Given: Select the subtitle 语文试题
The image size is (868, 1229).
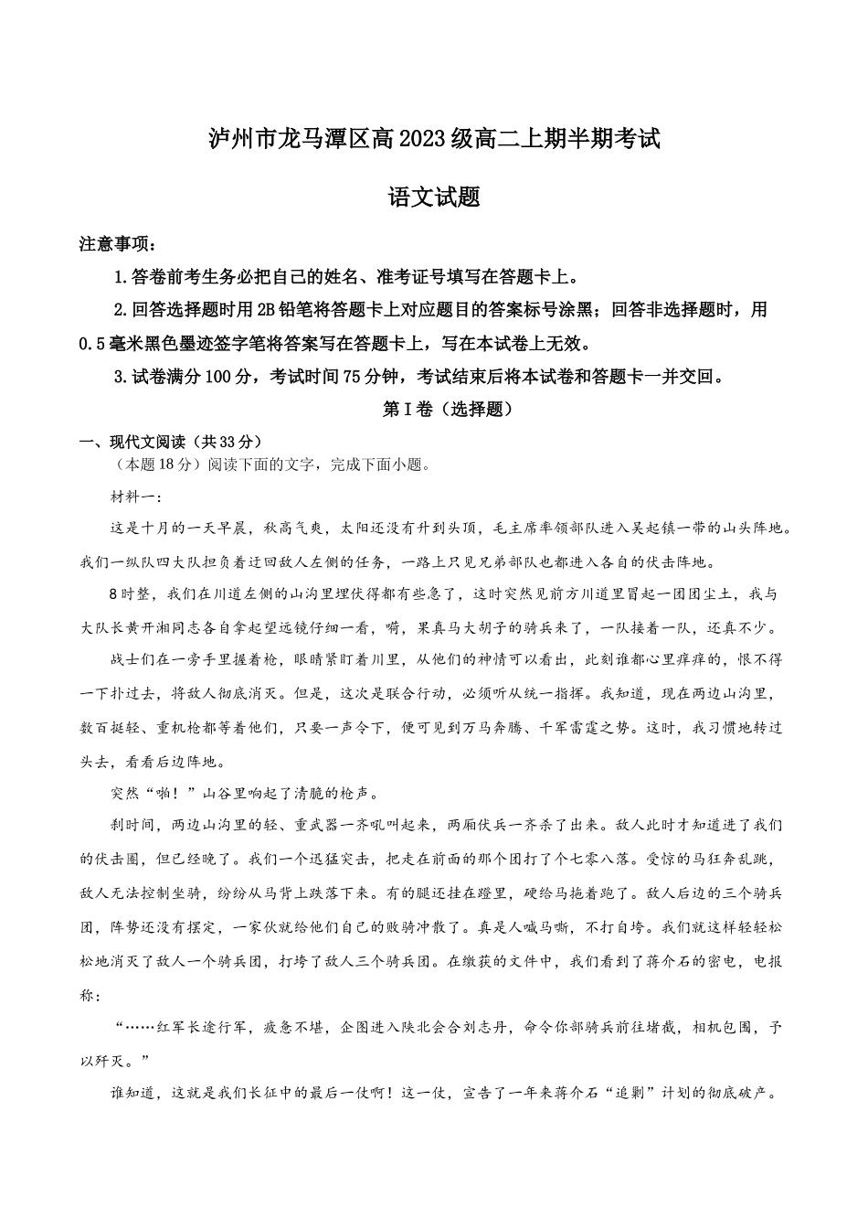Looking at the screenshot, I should tap(434, 197).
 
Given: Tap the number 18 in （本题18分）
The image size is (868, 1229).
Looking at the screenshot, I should tap(162, 465).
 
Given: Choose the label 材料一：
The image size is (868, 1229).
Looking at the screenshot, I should tap(135, 497).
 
